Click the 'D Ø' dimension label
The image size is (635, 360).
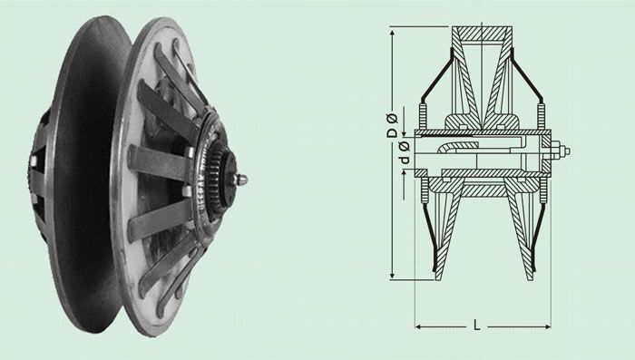click(x=393, y=125)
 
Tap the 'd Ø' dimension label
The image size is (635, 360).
click(x=405, y=152)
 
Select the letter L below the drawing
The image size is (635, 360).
click(x=477, y=325)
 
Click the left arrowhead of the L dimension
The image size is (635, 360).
click(x=419, y=326)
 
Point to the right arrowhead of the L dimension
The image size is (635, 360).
click(x=547, y=326)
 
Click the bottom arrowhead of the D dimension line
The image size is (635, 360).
click(x=392, y=276)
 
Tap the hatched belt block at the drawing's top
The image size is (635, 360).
click(x=482, y=34)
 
